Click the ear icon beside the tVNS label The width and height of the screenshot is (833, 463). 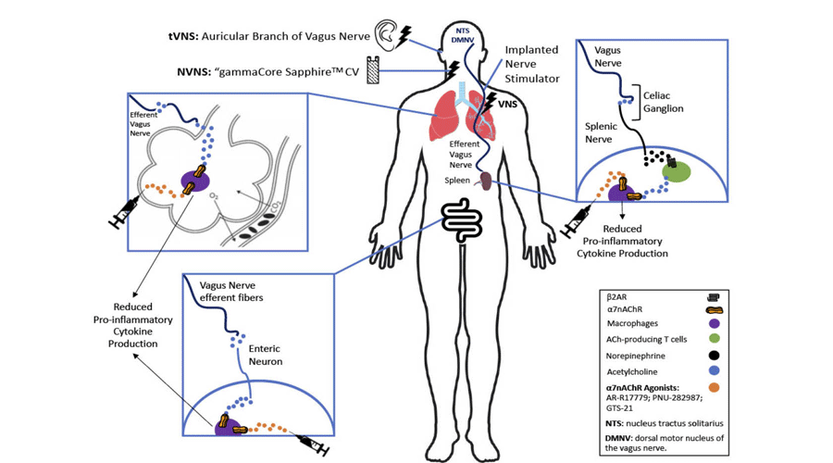386,34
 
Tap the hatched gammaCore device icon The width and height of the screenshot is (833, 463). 374,70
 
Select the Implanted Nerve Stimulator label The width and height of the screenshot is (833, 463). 531,65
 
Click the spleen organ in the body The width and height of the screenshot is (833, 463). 484,182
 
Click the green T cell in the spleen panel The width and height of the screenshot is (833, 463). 677,170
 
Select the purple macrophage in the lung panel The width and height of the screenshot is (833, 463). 193,181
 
